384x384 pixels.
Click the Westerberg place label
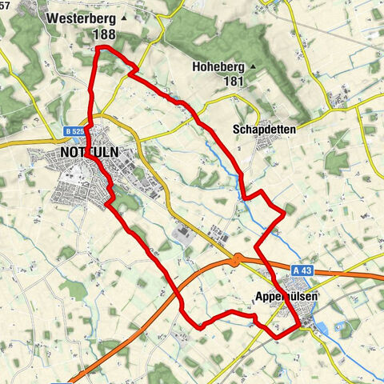click(x=81, y=17)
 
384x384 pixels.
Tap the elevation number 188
click(x=103, y=34)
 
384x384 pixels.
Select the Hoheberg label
click(x=218, y=68)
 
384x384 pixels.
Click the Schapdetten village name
click(x=264, y=129)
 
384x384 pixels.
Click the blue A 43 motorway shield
click(x=300, y=270)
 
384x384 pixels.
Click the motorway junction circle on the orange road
click(x=237, y=259)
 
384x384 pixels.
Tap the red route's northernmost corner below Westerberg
click(x=98, y=49)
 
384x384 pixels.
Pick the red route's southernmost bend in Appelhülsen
click(x=277, y=336)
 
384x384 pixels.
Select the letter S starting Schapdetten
click(x=236, y=129)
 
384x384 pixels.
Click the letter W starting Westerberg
click(x=52, y=17)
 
